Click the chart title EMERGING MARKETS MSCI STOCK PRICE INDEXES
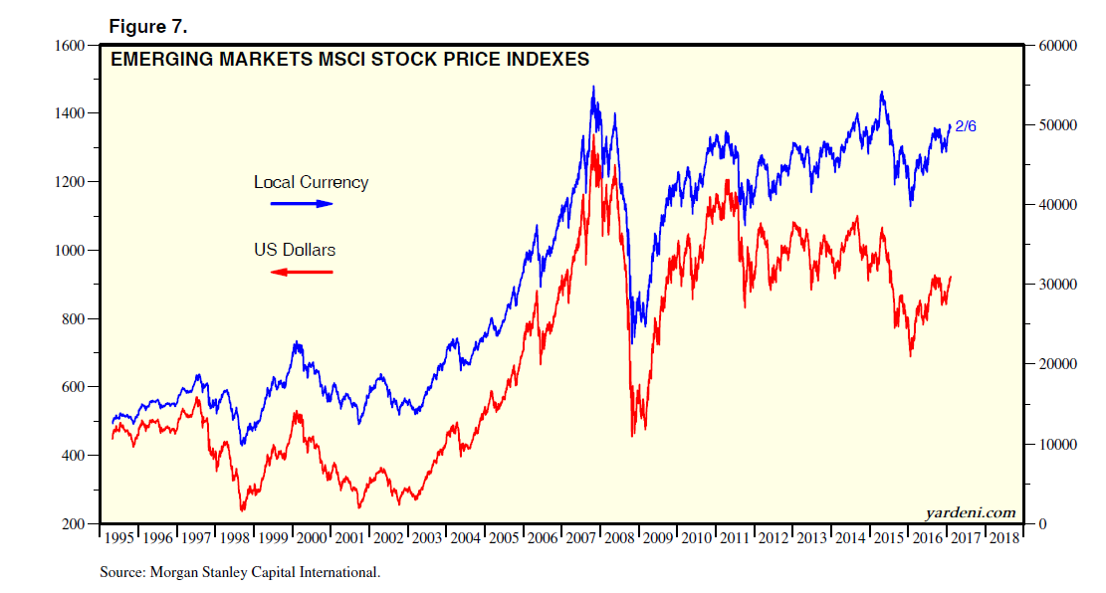(349, 60)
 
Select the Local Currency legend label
(311, 182)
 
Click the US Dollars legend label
(295, 250)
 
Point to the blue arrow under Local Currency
(303, 203)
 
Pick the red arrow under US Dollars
(302, 272)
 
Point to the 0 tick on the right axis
(1040, 524)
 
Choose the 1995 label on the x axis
(118, 538)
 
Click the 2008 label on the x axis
(619, 538)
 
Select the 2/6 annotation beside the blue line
(967, 126)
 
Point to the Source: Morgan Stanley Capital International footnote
(240, 573)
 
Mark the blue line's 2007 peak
(593, 87)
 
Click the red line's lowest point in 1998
(242, 510)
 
